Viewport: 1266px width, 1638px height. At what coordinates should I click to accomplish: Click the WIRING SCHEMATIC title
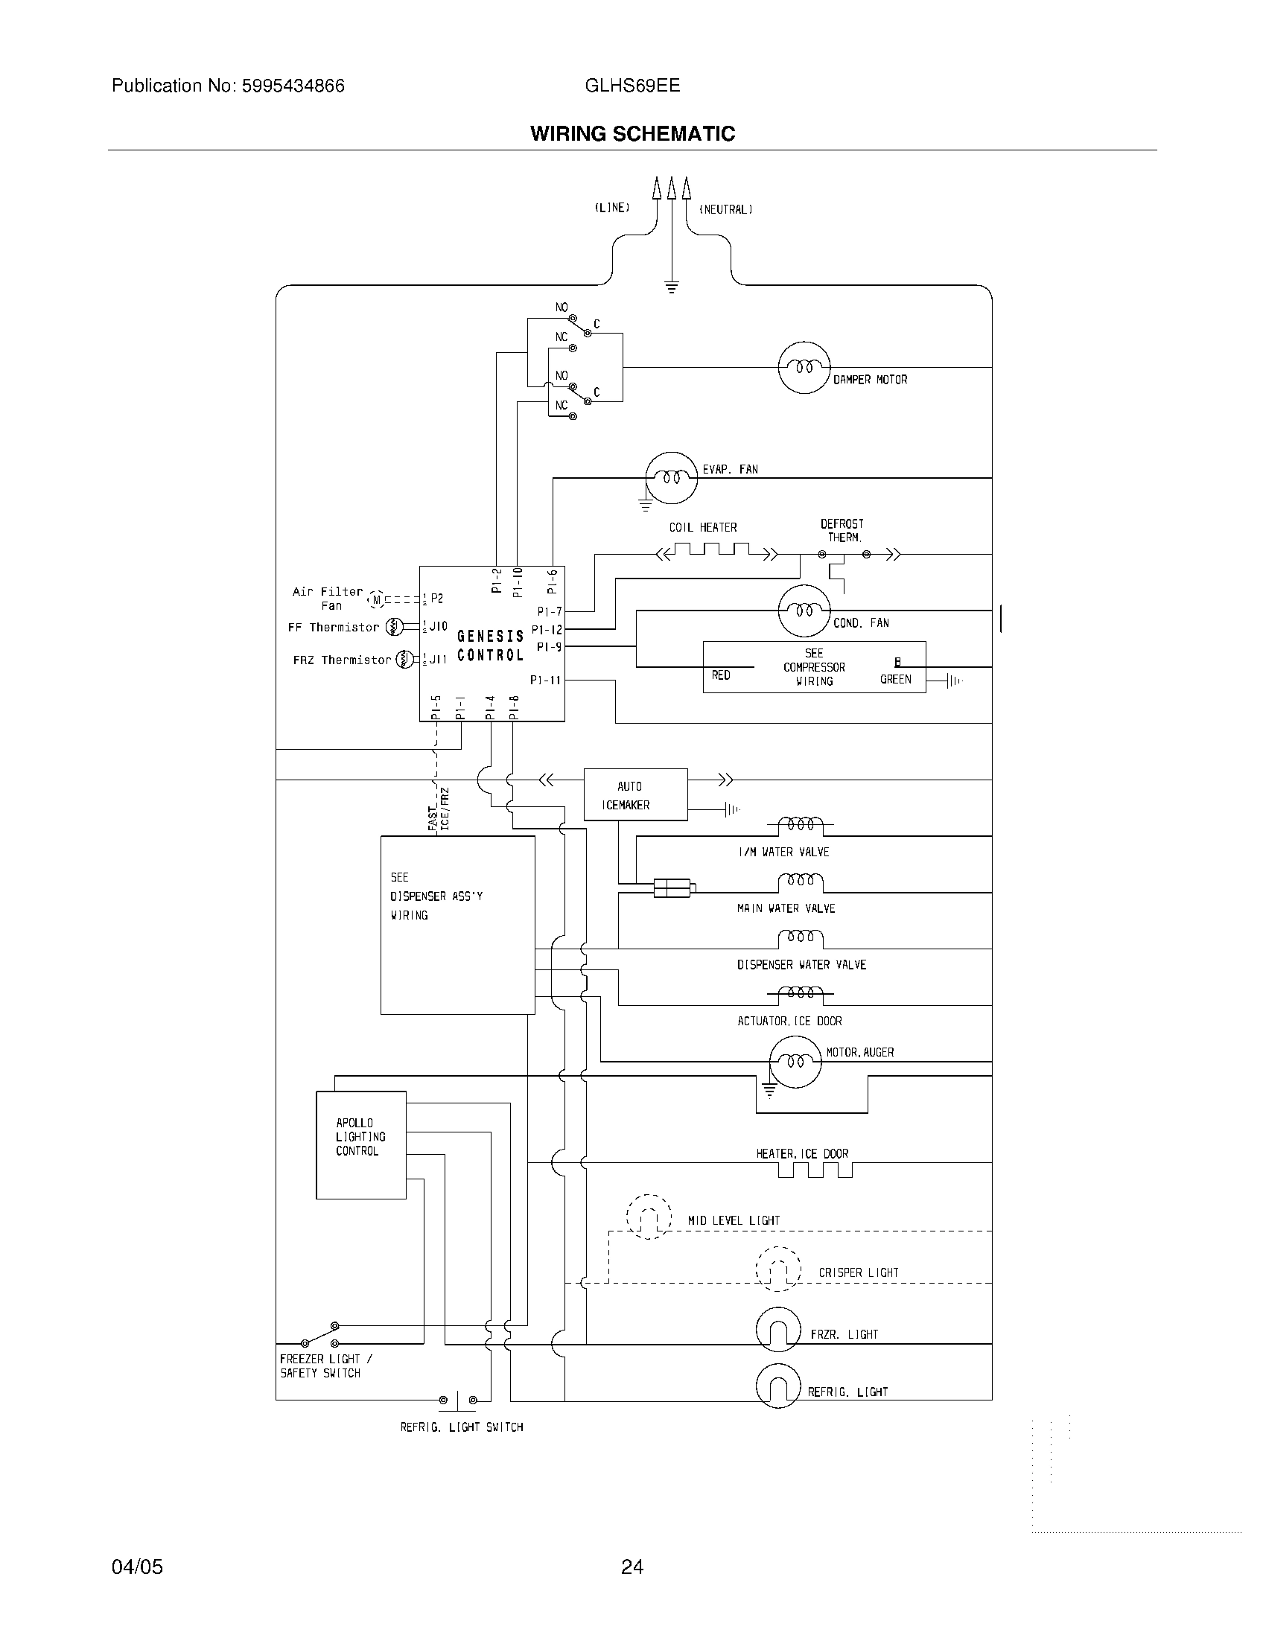pyautogui.click(x=632, y=133)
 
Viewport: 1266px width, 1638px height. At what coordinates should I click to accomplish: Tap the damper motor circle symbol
pyautogui.click(x=804, y=368)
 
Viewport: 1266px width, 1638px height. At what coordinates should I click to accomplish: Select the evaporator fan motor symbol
pyautogui.click(x=671, y=478)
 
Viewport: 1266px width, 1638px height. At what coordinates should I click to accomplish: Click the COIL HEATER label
pyautogui.click(x=703, y=527)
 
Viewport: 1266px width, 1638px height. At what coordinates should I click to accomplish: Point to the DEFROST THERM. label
pyautogui.click(x=842, y=530)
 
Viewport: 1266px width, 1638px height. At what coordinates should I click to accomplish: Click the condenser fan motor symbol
pyautogui.click(x=804, y=611)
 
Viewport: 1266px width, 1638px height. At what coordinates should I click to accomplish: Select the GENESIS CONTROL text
pyautogui.click(x=491, y=646)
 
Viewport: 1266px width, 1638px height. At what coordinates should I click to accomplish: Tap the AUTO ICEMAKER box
pyautogui.click(x=635, y=795)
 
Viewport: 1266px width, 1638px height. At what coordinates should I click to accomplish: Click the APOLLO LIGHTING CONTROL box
pyautogui.click(x=360, y=1145)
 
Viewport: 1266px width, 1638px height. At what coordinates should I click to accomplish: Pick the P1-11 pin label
pyautogui.click(x=545, y=681)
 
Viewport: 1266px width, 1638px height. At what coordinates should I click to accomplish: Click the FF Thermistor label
pyautogui.click(x=333, y=627)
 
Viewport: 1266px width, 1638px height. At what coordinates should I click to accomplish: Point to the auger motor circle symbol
pyautogui.click(x=795, y=1061)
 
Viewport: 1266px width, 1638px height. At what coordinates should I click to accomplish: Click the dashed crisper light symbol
pyautogui.click(x=778, y=1269)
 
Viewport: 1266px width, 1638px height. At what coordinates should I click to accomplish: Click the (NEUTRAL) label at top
pyautogui.click(x=725, y=209)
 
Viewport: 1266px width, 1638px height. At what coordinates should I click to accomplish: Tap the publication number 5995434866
pyautogui.click(x=293, y=86)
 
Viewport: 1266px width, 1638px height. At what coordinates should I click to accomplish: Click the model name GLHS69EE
pyautogui.click(x=632, y=86)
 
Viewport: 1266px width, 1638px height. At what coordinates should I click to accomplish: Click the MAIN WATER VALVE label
pyautogui.click(x=785, y=908)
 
